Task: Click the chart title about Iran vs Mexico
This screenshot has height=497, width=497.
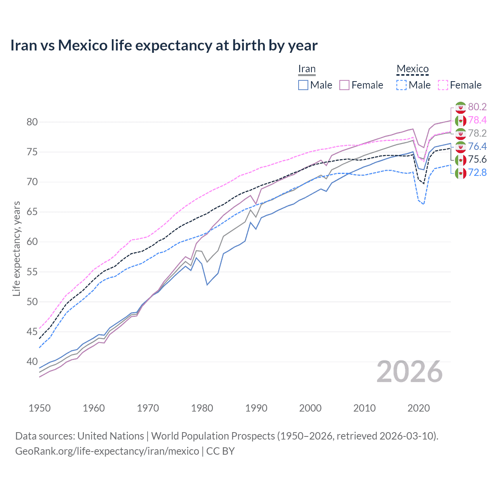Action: pyautogui.click(x=163, y=45)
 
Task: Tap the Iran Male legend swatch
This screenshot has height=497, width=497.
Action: pyautogui.click(x=303, y=85)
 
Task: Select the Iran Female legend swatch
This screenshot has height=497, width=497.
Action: pyautogui.click(x=344, y=85)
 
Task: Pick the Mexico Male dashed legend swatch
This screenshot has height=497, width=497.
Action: pyautogui.click(x=401, y=85)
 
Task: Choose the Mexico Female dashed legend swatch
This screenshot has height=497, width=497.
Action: pyautogui.click(x=443, y=85)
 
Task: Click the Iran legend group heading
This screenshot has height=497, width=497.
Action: pyautogui.click(x=307, y=69)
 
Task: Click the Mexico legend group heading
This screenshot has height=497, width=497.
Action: pyautogui.click(x=412, y=69)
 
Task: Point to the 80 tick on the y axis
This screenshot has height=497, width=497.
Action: pyautogui.click(x=32, y=122)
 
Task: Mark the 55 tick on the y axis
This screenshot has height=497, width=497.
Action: pyautogui.click(x=32, y=272)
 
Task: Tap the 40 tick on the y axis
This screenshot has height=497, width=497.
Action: pyautogui.click(x=32, y=361)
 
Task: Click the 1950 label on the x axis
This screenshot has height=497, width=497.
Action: pyautogui.click(x=40, y=408)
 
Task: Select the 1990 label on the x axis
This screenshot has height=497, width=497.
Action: pyautogui.click(x=256, y=408)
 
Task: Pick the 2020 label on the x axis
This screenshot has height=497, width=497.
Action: pyautogui.click(x=419, y=408)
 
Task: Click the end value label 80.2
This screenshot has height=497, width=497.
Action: pyautogui.click(x=477, y=107)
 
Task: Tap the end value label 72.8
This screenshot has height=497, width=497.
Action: pyautogui.click(x=477, y=172)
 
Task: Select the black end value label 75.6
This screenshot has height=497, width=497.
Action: pyautogui.click(x=477, y=159)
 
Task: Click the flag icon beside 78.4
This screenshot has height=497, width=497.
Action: pyautogui.click(x=461, y=120)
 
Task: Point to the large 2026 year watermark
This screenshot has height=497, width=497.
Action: pyautogui.click(x=410, y=372)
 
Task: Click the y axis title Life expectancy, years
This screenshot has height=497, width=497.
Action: pyautogui.click(x=17, y=248)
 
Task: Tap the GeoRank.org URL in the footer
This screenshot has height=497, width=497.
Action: pyautogui.click(x=107, y=451)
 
